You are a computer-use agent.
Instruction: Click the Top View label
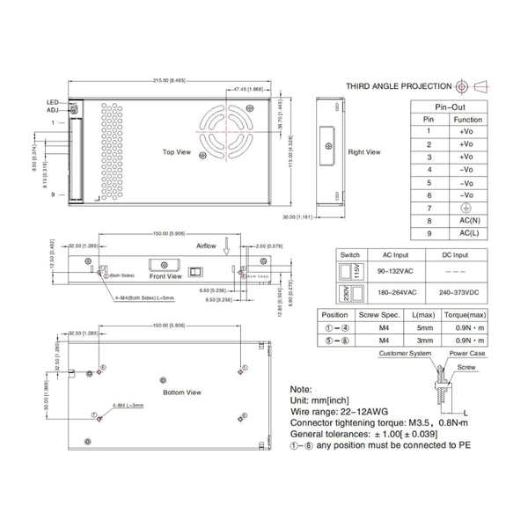pos(178,151)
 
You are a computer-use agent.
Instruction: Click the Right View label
pos(363,152)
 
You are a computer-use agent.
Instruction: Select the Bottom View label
pos(182,392)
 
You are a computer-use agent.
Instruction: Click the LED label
pos(52,103)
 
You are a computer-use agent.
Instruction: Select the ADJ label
pos(52,112)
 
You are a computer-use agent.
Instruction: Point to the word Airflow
pos(206,247)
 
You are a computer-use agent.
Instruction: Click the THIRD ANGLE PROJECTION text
pos(399,86)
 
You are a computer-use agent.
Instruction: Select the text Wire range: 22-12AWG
pos(341,410)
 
